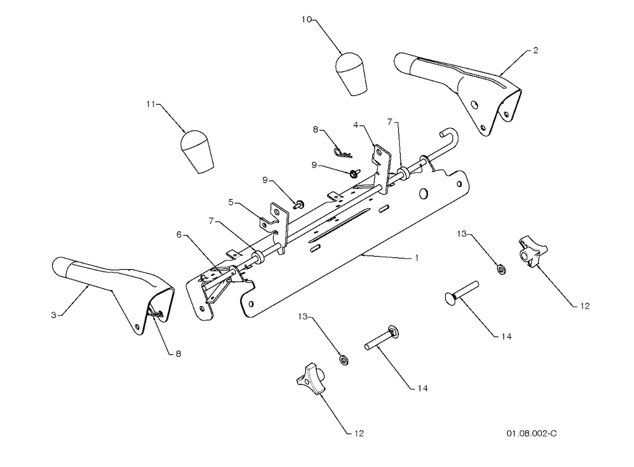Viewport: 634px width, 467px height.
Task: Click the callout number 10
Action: (x=306, y=19)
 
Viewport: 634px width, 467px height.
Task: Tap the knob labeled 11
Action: (x=196, y=152)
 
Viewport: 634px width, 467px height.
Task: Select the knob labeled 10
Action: (x=351, y=74)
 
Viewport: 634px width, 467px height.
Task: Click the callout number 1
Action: (x=417, y=258)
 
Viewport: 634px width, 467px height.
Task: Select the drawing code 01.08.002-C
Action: (x=531, y=434)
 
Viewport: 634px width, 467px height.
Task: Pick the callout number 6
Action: (x=179, y=234)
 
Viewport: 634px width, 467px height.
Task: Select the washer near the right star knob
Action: (x=500, y=268)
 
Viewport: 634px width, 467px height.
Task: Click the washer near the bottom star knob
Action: (x=344, y=359)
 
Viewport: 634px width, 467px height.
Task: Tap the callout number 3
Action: (x=53, y=315)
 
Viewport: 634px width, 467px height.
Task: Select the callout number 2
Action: (x=536, y=51)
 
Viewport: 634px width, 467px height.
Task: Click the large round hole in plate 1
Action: (x=423, y=194)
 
